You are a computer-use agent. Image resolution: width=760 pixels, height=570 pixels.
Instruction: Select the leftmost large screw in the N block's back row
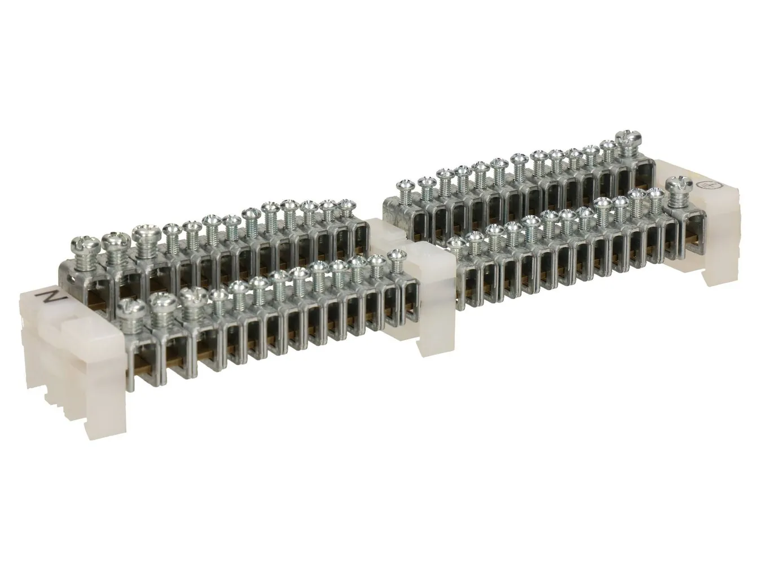[82, 247]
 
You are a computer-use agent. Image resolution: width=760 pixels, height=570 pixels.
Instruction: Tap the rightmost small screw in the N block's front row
[394, 260]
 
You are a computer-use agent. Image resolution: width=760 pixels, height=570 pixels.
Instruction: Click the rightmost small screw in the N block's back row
[345, 205]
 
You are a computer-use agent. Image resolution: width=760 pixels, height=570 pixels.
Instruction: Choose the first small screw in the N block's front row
[217, 295]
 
